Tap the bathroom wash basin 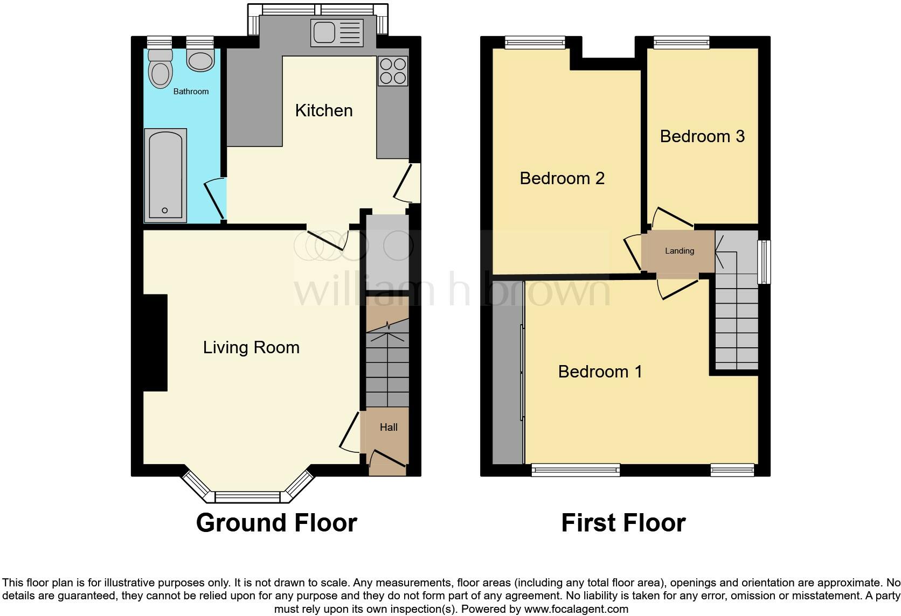pyautogui.click(x=200, y=60)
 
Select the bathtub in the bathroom pyautogui.click(x=165, y=175)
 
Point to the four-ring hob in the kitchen pyautogui.click(x=393, y=71)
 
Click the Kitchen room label pyautogui.click(x=324, y=110)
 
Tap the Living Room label pyautogui.click(x=251, y=347)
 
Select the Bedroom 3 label pyautogui.click(x=702, y=136)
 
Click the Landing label pyautogui.click(x=679, y=251)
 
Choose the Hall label pyautogui.click(x=389, y=427)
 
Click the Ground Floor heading pyautogui.click(x=276, y=523)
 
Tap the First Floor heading pyautogui.click(x=623, y=523)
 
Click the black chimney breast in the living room pyautogui.click(x=155, y=342)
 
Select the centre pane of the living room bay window pyautogui.click(x=247, y=496)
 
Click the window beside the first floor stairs pyautogui.click(x=764, y=262)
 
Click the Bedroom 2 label pyautogui.click(x=562, y=178)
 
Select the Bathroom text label pyautogui.click(x=191, y=92)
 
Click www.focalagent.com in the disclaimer pyautogui.click(x=576, y=610)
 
